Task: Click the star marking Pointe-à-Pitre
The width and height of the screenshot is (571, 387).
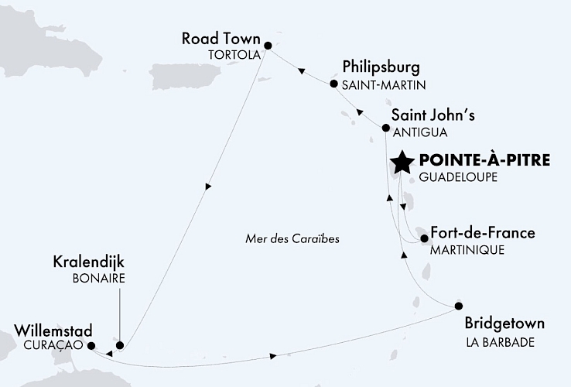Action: click(x=402, y=163)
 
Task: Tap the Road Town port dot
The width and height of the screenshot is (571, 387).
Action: click(x=268, y=46)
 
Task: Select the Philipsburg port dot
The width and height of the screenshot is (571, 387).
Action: click(x=333, y=84)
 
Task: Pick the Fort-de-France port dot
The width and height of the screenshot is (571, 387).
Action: click(x=424, y=238)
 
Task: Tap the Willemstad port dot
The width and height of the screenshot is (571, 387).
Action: click(x=91, y=346)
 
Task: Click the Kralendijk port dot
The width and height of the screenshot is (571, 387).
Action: click(x=119, y=344)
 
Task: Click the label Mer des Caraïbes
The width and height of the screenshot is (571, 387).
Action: click(x=290, y=238)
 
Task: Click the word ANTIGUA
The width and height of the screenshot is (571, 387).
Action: click(x=415, y=132)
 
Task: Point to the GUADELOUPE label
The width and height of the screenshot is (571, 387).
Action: click(x=456, y=177)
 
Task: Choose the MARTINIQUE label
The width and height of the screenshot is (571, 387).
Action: click(x=467, y=250)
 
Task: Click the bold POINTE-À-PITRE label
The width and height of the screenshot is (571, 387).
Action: click(x=484, y=161)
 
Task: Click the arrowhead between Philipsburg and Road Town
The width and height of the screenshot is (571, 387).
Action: click(x=303, y=74)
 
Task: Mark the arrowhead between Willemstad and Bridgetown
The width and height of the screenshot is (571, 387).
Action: click(x=275, y=355)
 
